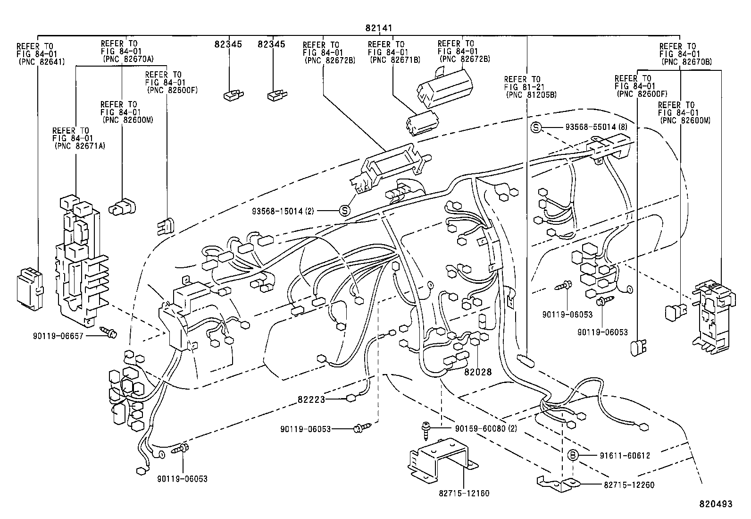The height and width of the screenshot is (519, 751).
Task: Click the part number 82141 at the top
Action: (379, 28)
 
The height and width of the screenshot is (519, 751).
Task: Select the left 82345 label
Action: (228, 44)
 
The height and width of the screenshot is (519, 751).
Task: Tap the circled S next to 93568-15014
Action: (345, 211)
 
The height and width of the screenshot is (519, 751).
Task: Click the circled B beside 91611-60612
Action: (572, 455)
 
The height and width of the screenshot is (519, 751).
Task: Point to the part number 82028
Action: (477, 372)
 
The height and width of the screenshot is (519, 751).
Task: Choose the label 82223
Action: (311, 400)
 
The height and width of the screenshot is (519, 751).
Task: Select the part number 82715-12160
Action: (464, 493)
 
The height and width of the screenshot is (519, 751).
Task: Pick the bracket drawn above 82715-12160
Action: (441, 458)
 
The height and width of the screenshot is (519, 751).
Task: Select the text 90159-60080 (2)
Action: (486, 429)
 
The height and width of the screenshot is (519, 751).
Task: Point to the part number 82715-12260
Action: (629, 485)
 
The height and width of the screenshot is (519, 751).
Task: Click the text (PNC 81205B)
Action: (531, 94)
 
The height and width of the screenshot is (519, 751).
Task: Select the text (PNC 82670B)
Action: (686, 62)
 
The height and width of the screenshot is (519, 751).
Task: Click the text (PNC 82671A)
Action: (79, 146)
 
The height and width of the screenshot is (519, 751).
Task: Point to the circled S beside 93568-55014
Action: (535, 127)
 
